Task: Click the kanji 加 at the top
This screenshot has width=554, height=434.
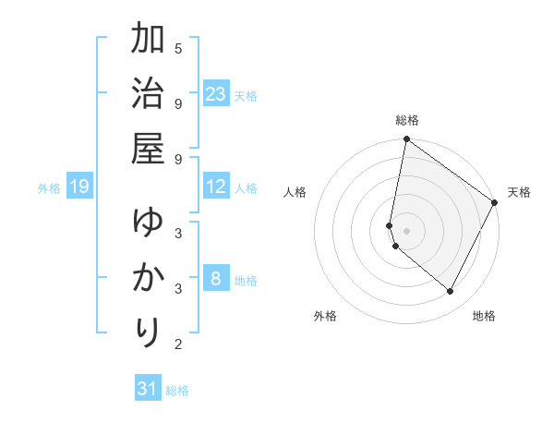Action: [148, 42]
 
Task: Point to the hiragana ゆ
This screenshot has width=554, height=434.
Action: [148, 224]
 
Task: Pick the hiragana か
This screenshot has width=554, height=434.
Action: [148, 279]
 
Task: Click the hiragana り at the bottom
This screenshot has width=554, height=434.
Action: [148, 332]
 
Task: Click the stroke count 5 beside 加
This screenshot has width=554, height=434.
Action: [178, 48]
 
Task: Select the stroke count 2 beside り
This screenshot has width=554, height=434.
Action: [178, 345]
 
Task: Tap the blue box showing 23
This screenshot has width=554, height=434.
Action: [216, 94]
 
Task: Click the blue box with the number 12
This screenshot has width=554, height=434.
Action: [216, 187]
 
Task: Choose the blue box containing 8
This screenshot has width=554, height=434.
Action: [216, 280]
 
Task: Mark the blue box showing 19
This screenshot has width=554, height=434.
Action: [78, 187]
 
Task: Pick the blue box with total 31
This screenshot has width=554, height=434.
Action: [148, 389]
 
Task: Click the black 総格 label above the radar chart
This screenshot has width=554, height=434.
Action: [407, 120]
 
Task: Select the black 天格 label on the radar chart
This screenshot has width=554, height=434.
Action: [519, 192]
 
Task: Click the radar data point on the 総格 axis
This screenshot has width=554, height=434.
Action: [406, 139]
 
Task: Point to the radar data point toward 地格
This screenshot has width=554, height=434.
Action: [451, 292]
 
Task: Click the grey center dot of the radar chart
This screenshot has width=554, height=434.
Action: [406, 230]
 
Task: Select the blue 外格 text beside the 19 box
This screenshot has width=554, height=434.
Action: [49, 188]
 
